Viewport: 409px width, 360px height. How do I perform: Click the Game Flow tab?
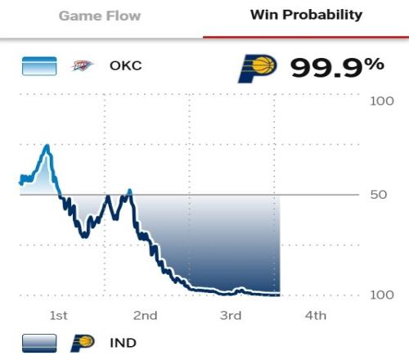pyautogui.click(x=100, y=16)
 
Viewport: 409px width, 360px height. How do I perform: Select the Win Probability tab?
pyautogui.click(x=306, y=15)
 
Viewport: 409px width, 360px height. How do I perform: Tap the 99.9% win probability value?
pyautogui.click(x=337, y=67)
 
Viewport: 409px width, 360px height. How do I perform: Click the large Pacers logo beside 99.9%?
pyautogui.click(x=258, y=68)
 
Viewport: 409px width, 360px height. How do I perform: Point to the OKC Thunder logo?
pyautogui.click(x=82, y=65)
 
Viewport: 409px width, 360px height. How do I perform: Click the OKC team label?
pyautogui.click(x=126, y=65)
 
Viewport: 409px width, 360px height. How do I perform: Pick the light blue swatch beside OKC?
pyautogui.click(x=39, y=65)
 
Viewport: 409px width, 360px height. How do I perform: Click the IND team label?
pyautogui.click(x=123, y=343)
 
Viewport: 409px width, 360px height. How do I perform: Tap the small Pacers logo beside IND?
pyautogui.click(x=83, y=343)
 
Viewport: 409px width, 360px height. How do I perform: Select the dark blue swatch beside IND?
pyautogui.click(x=39, y=343)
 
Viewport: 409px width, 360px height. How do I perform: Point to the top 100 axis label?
pyautogui.click(x=382, y=101)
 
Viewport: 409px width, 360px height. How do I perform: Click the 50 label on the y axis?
pyautogui.click(x=379, y=195)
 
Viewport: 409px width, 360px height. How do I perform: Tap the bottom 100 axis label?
pyautogui.click(x=382, y=295)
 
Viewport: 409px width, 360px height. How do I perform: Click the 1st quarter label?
pyautogui.click(x=58, y=316)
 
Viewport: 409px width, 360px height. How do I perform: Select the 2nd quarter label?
pyautogui.click(x=145, y=316)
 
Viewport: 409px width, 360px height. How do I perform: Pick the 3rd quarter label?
pyautogui.click(x=231, y=316)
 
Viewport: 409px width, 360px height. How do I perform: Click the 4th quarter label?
pyautogui.click(x=316, y=316)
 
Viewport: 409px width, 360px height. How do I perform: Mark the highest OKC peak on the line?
pyautogui.click(x=47, y=146)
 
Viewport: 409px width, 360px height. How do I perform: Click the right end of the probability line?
pyautogui.click(x=280, y=295)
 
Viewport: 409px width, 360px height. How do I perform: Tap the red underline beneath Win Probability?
pyautogui.click(x=306, y=37)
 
